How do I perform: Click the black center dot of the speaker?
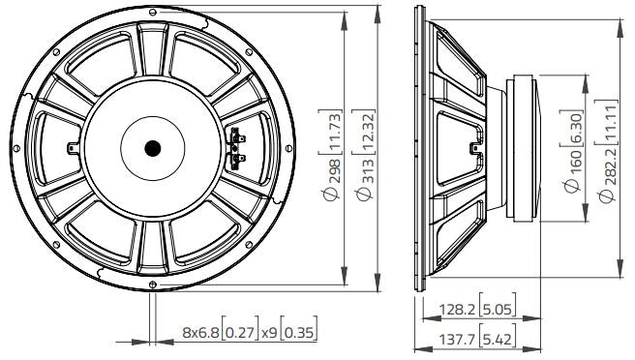tap(153, 147)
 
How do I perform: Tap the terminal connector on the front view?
tap(235, 147)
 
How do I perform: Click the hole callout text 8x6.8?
tap(200, 334)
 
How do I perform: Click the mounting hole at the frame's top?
tap(153, 11)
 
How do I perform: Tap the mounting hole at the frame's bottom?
tap(153, 284)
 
